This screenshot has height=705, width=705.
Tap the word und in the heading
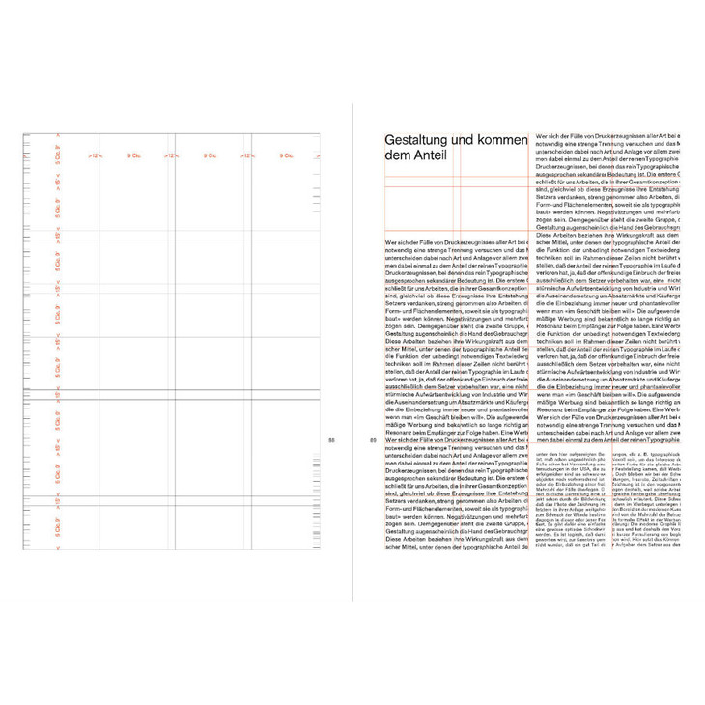[468, 141]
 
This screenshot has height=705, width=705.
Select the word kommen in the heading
[506, 141]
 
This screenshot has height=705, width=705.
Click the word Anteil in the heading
[432, 157]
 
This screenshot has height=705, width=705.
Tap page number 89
[373, 440]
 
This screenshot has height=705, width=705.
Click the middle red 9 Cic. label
[210, 155]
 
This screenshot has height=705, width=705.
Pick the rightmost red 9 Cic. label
[286, 155]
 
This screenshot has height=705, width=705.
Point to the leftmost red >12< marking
[94, 155]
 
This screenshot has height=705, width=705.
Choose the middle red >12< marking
[170, 155]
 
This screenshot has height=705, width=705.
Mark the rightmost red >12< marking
[247, 155]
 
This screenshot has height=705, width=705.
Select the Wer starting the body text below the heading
[389, 242]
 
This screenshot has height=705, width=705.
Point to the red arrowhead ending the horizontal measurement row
[323, 155]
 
